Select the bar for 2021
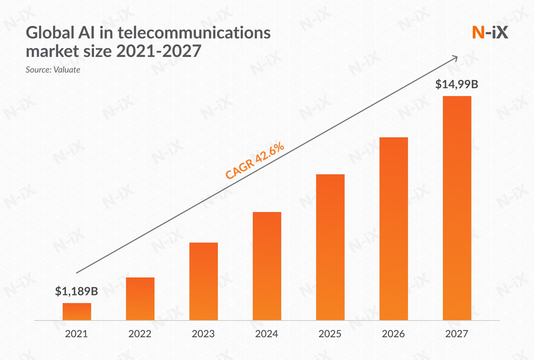click(x=77, y=312)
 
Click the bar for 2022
click(x=140, y=299)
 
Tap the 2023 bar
click(x=204, y=281)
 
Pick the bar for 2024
click(x=267, y=266)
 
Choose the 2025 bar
click(x=330, y=247)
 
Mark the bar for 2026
click(x=394, y=229)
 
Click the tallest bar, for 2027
click(x=457, y=208)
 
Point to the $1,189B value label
click(x=77, y=291)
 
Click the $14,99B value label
click(x=457, y=84)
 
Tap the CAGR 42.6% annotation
click(x=255, y=160)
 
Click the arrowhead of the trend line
click(x=455, y=57)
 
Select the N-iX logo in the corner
click(x=490, y=33)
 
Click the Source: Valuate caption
click(x=53, y=70)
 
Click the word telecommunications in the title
click(x=194, y=33)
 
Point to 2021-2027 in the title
click(x=159, y=51)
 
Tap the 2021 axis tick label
click(x=77, y=334)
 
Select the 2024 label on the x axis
click(x=267, y=334)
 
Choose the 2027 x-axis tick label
click(x=457, y=334)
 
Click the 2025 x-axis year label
click(x=330, y=334)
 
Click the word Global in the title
click(x=50, y=33)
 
